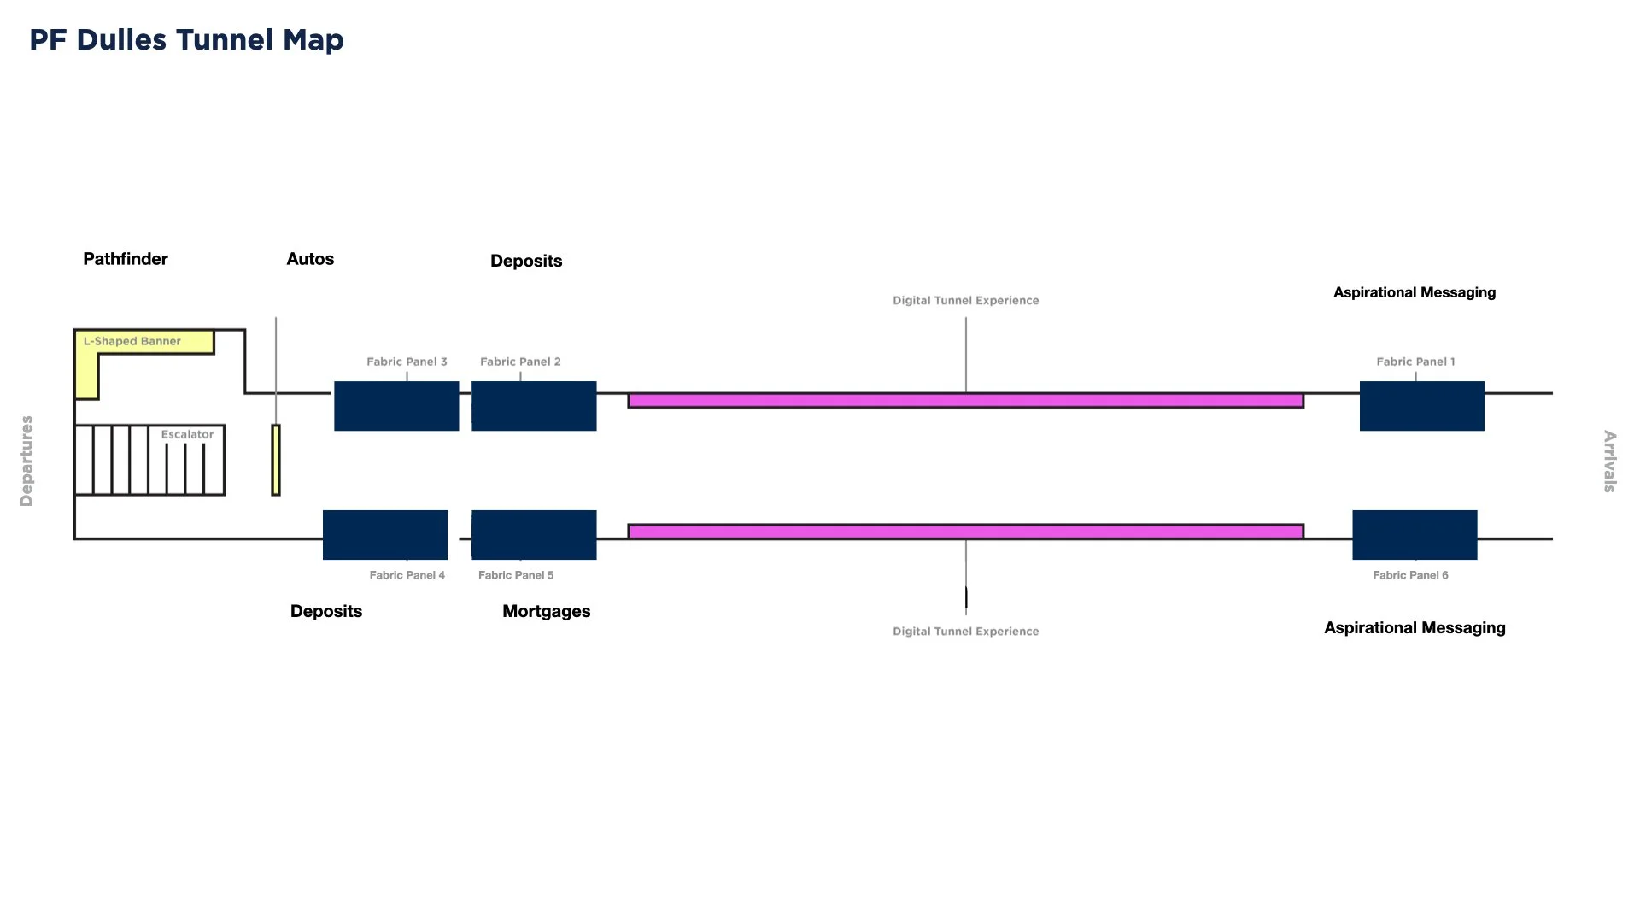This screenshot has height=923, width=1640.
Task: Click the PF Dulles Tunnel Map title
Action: click(186, 40)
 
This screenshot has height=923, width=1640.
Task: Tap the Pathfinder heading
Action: click(126, 259)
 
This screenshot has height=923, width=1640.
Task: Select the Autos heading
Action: click(310, 259)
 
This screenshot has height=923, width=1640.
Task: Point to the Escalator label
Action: click(187, 434)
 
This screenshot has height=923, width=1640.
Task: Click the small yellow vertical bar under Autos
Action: click(276, 460)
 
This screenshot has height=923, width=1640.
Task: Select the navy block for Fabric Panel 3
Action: click(396, 406)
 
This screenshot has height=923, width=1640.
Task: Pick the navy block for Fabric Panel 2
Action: click(534, 406)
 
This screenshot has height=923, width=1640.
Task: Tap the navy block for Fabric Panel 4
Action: click(385, 535)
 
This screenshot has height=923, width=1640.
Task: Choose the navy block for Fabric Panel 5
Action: click(534, 535)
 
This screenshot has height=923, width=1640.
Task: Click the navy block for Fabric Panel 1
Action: click(1421, 406)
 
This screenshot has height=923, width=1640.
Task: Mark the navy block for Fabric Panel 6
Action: click(1414, 535)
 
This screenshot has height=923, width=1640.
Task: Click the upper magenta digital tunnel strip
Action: click(965, 401)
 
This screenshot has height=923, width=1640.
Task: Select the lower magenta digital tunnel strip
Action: click(965, 532)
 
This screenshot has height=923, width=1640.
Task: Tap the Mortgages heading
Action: click(547, 611)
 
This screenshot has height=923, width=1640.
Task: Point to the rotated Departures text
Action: click(26, 461)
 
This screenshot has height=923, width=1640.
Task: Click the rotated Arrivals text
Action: click(1609, 461)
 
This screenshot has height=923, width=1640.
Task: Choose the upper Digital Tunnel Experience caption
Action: click(965, 300)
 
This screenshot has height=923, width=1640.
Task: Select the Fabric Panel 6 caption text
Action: click(1410, 575)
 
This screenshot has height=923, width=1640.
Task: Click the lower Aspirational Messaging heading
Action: click(1414, 628)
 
